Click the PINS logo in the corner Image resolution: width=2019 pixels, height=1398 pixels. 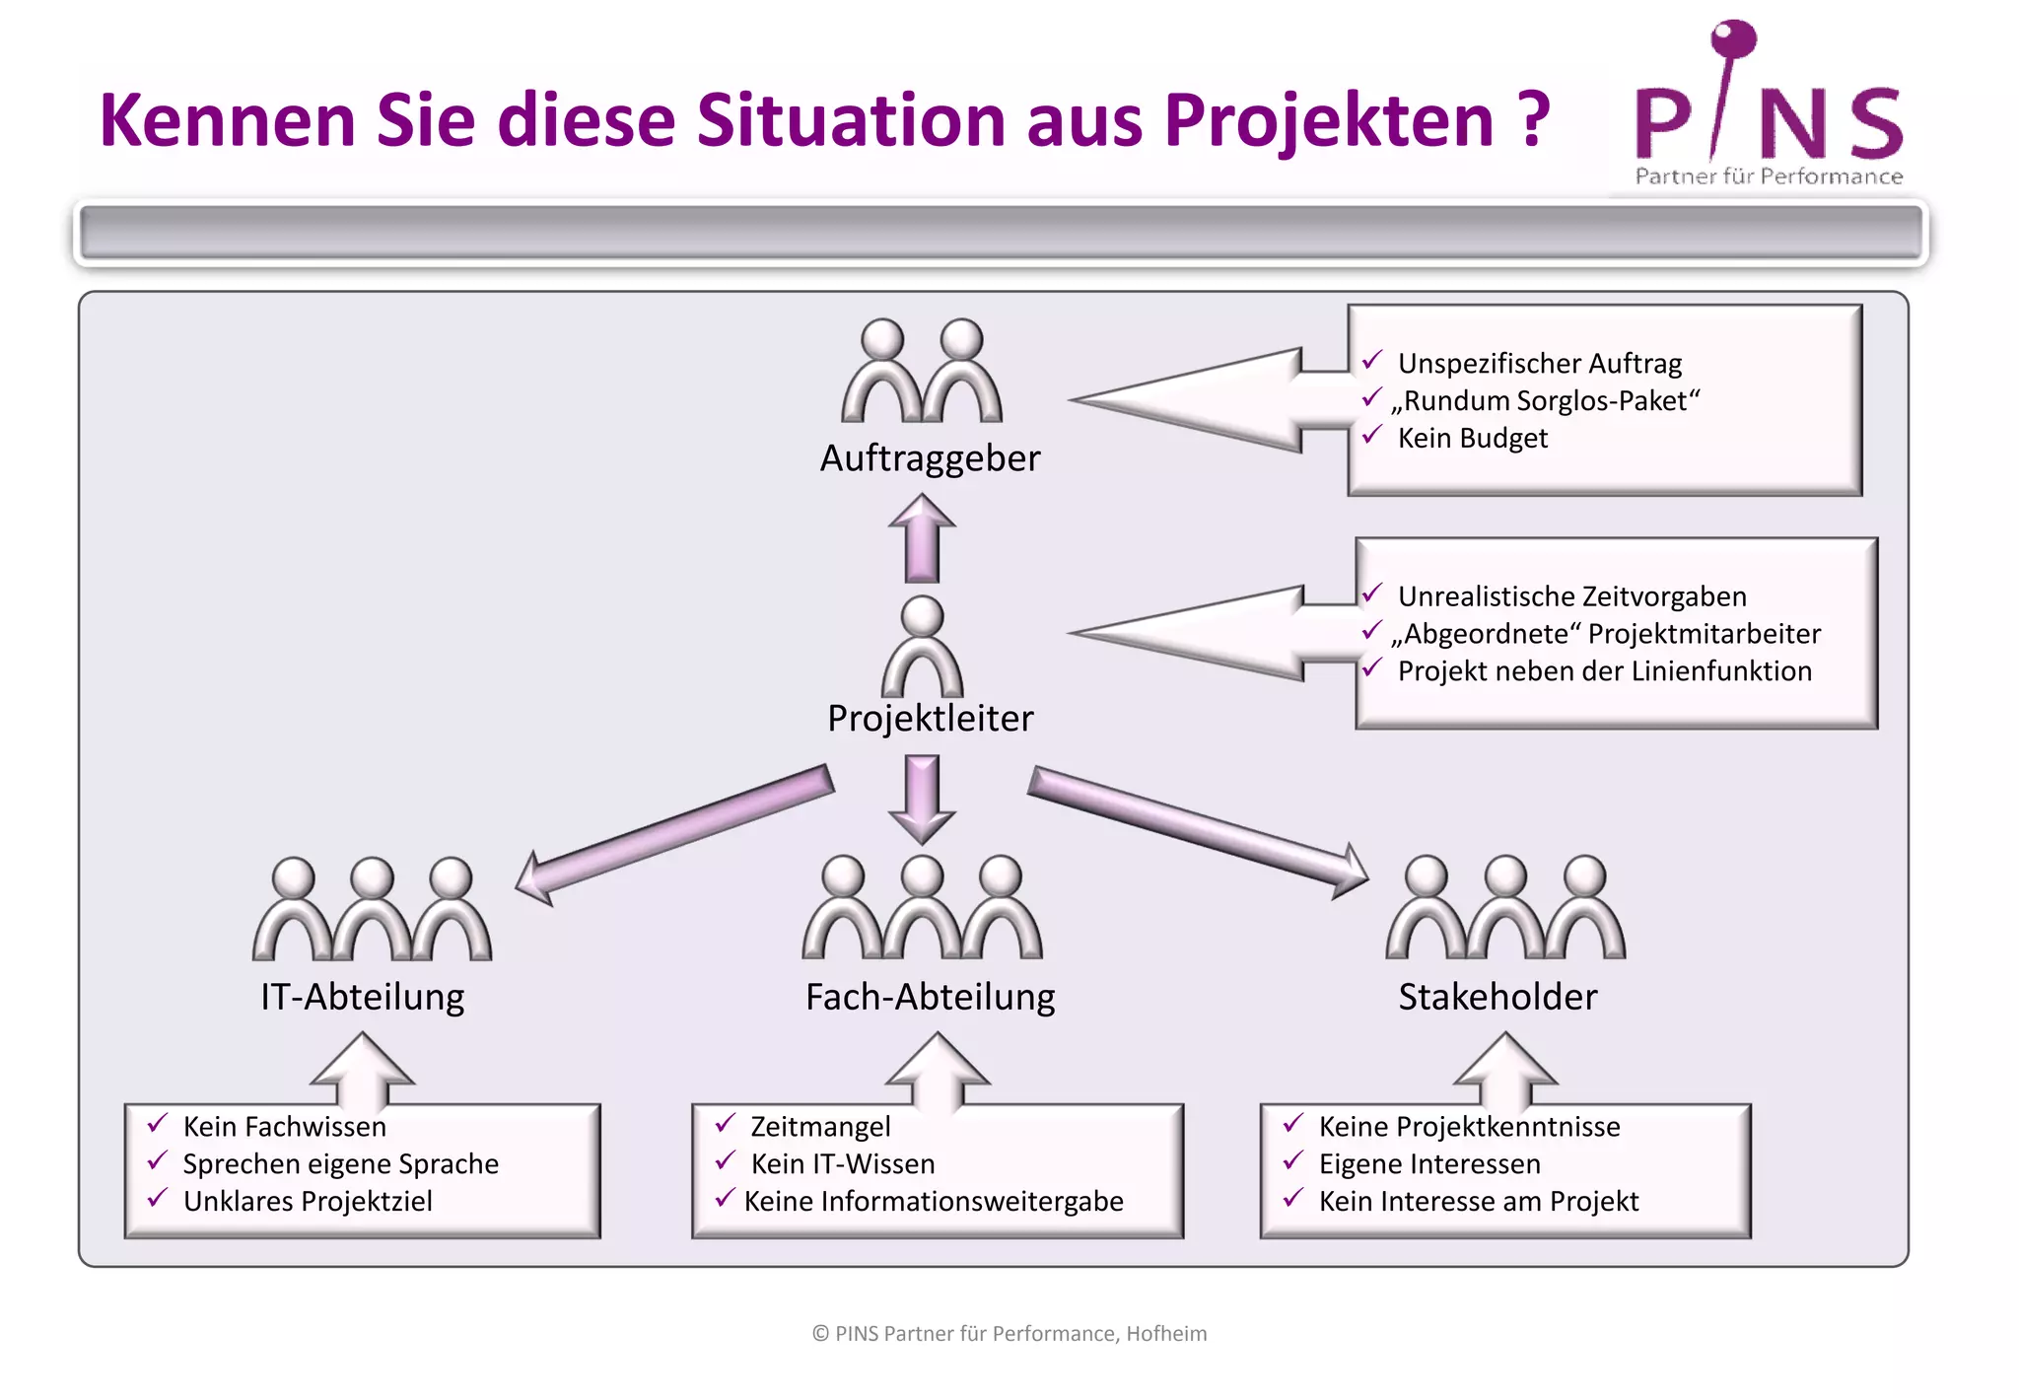(1769, 108)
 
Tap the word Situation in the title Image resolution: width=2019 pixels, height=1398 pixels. (854, 120)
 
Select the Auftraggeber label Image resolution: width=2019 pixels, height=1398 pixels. (930, 458)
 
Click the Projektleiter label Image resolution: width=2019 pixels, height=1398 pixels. (930, 719)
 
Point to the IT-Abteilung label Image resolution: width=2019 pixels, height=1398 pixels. (362, 997)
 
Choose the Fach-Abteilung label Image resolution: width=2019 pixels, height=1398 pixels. (930, 997)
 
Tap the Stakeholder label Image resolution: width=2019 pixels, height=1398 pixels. (1497, 997)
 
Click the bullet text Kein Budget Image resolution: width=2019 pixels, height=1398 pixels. (1472, 438)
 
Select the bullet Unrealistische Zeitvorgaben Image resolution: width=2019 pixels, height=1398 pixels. (1571, 596)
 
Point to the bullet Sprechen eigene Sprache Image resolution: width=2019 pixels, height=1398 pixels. (340, 1164)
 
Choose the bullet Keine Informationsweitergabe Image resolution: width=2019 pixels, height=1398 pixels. (934, 1202)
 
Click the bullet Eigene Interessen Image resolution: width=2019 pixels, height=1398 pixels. (1429, 1164)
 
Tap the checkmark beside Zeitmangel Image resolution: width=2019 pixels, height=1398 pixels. (726, 1124)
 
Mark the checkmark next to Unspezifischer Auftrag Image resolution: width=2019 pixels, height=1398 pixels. (1371, 361)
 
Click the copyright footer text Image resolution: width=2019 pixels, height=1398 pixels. (1009, 1334)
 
